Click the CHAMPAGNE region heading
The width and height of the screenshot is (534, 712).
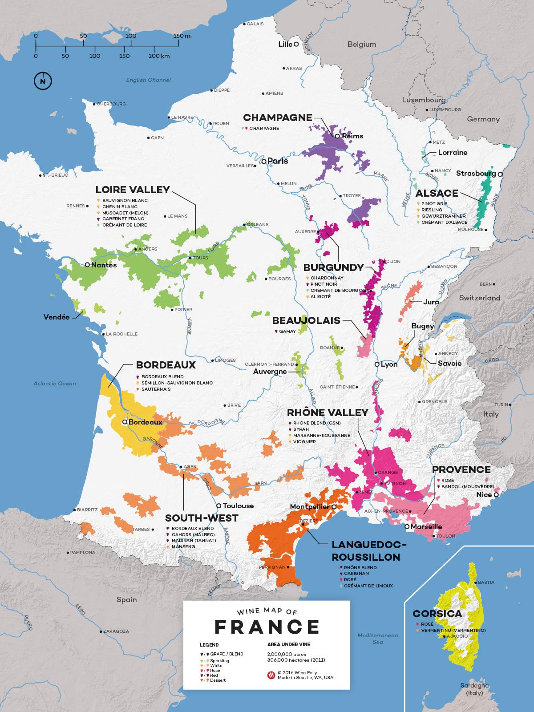click(277, 118)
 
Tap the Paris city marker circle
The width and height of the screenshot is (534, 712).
click(264, 161)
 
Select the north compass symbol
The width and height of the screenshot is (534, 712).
click(43, 81)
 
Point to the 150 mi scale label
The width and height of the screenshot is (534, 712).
click(170, 36)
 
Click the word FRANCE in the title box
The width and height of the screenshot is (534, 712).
click(267, 626)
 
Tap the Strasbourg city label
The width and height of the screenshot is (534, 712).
click(476, 174)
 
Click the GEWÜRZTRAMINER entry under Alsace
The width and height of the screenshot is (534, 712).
click(441, 216)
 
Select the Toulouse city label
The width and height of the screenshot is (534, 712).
click(238, 506)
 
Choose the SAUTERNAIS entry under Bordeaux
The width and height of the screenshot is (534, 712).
click(156, 389)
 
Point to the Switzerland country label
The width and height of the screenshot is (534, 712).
click(480, 298)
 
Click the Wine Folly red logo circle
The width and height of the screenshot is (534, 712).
click(271, 675)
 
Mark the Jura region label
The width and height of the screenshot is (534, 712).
click(431, 302)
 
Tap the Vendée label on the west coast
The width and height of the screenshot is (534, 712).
click(56, 317)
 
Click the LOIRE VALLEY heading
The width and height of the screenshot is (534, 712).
click(133, 190)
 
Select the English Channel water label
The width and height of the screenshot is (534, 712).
click(148, 80)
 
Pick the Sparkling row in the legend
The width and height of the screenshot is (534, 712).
click(220, 661)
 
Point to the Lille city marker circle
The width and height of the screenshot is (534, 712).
click(296, 44)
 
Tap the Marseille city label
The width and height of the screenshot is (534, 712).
click(426, 526)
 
